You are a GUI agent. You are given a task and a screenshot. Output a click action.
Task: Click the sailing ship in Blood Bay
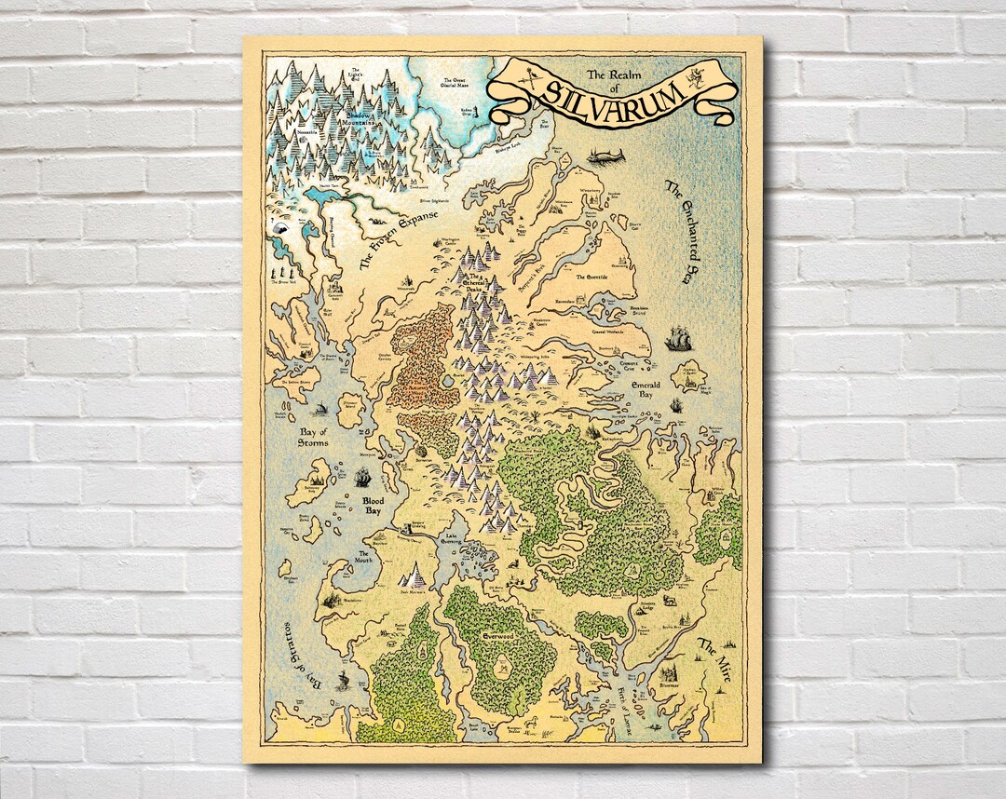pyautogui.click(x=363, y=478)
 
